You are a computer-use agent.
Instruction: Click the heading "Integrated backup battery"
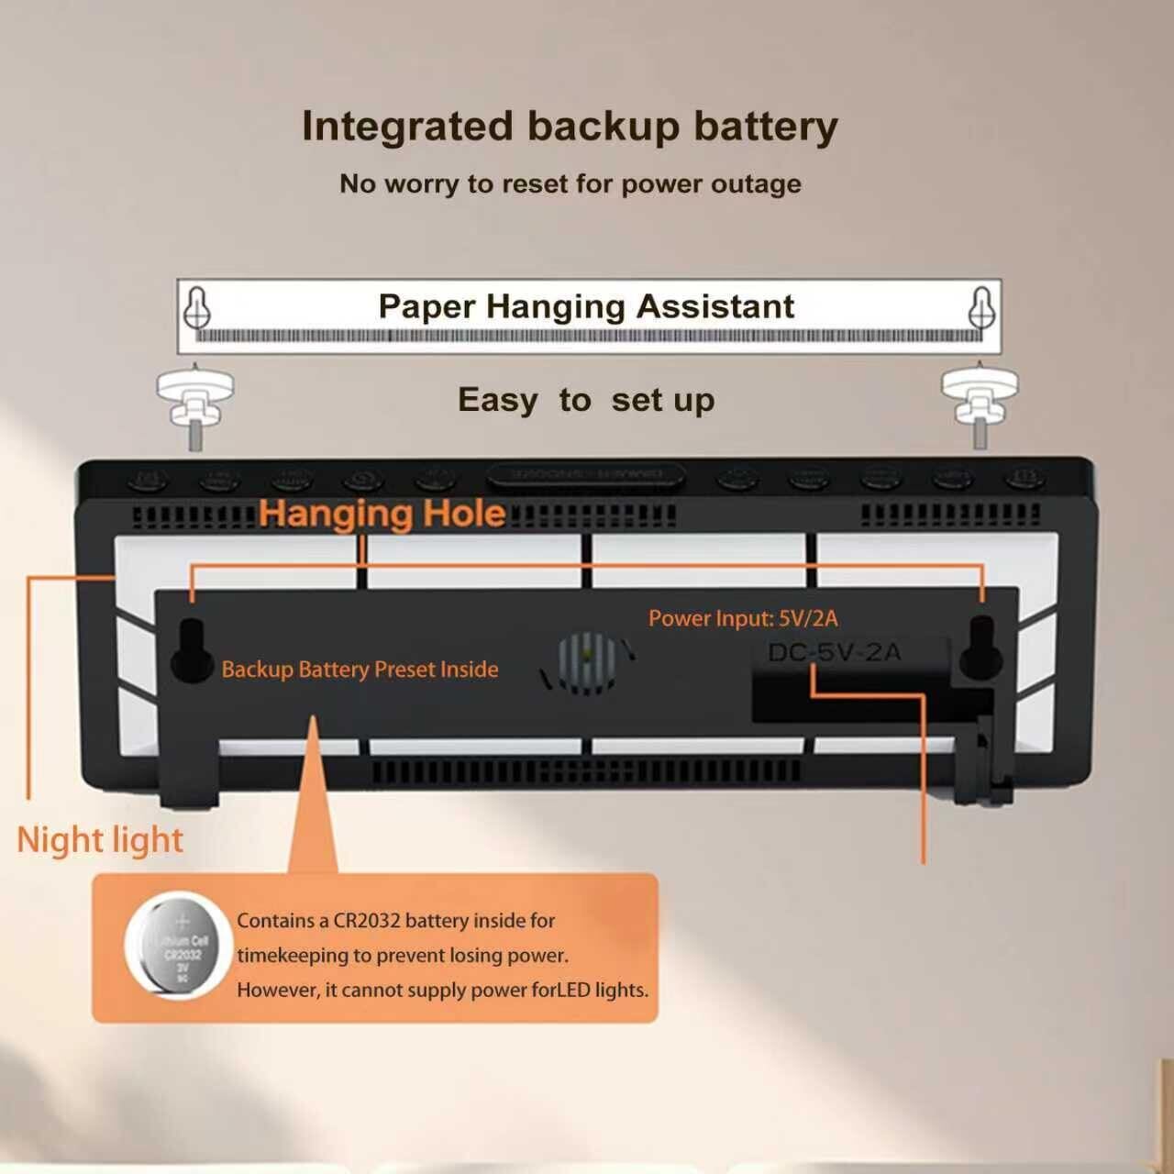pos(569,127)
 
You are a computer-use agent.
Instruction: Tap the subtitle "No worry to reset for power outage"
pos(570,183)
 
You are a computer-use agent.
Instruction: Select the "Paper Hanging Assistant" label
pos(586,306)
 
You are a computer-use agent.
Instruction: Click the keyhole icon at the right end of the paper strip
pos(981,307)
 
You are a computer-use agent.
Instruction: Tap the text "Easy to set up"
pos(586,400)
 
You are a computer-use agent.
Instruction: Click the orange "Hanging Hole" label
pos(382,514)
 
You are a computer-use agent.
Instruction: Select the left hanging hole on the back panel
pos(192,649)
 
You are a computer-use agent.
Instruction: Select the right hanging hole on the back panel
pos(980,648)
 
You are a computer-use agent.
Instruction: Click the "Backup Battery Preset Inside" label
pos(360,670)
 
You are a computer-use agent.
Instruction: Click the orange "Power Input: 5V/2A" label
pos(743,618)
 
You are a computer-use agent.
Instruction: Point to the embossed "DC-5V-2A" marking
pos(834,653)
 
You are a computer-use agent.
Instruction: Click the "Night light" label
pos(100,840)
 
